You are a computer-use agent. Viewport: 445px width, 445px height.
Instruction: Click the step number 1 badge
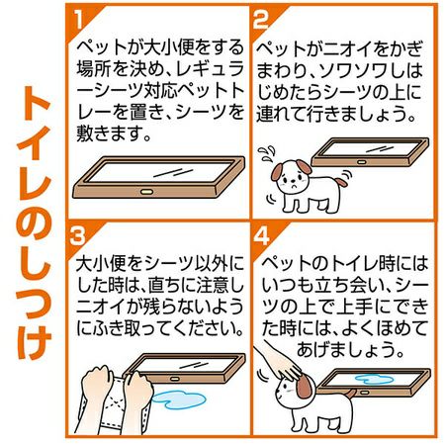78,19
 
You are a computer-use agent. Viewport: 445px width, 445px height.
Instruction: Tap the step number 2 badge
261,19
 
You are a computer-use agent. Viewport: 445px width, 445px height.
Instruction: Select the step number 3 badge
77,236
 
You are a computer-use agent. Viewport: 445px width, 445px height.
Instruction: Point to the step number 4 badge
262,236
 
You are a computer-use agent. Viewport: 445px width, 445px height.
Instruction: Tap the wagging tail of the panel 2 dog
341,180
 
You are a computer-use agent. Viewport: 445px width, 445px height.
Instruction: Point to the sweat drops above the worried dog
266,153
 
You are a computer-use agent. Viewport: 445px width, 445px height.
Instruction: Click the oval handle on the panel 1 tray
145,192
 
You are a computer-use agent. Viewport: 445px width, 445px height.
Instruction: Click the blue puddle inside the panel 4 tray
375,379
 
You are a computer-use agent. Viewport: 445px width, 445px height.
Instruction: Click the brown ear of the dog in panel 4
305,389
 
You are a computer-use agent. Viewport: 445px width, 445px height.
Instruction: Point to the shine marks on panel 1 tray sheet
173,172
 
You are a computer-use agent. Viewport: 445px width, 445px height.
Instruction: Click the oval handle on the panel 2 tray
362,162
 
